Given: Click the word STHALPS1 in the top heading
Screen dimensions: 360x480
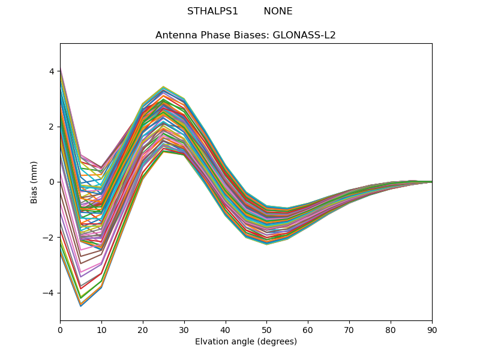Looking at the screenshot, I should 212,11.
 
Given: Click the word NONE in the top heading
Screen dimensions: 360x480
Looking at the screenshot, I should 278,11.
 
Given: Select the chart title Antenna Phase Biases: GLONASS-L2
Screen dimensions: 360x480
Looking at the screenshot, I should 245,35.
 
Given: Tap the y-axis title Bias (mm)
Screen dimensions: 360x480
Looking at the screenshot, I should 34,182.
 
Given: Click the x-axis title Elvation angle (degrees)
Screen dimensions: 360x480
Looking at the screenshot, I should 245,341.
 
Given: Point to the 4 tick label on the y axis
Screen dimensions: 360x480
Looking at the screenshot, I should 52,71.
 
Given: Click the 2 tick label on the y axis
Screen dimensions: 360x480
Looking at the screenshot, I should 52,127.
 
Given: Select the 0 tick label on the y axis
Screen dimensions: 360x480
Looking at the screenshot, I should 52,182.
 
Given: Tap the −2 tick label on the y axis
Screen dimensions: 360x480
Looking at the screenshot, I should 49,237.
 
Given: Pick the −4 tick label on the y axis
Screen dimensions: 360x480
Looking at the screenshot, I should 49,293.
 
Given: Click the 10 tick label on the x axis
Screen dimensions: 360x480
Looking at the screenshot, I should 101,329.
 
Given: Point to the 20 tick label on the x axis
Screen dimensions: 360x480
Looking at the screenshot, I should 143,329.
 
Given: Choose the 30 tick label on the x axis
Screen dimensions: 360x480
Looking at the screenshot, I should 184,329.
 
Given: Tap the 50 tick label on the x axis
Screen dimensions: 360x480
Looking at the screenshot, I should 266,329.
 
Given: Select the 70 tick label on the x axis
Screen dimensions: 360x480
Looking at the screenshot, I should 349,329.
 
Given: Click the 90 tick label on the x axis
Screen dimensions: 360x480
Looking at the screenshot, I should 431,329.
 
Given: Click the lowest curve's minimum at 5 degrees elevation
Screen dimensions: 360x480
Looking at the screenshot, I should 80,306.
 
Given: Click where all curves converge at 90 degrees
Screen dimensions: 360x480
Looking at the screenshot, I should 431,182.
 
